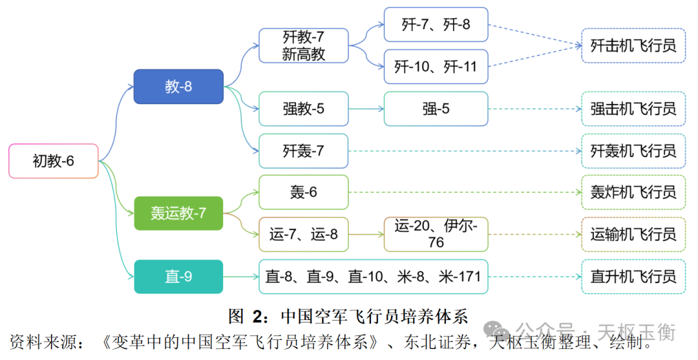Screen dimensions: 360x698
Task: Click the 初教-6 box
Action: (53, 161)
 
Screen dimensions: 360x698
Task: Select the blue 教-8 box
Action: (178, 87)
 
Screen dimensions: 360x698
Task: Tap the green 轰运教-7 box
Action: (178, 213)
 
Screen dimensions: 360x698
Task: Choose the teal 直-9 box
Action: (178, 277)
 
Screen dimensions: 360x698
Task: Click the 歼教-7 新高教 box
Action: (303, 45)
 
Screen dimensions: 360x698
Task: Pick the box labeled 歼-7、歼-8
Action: (436, 25)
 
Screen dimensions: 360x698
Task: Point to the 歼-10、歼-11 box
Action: (436, 66)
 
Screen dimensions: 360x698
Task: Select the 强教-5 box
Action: (303, 109)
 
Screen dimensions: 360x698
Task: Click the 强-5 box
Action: (436, 109)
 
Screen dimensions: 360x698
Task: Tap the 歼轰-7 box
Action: (303, 151)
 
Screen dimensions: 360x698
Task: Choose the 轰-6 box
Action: (303, 192)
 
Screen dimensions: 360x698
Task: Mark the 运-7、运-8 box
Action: (303, 234)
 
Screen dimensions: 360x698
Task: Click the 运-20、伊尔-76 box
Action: (436, 234)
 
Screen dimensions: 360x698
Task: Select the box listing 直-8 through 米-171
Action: (373, 277)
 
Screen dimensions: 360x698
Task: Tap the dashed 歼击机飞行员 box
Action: (633, 45)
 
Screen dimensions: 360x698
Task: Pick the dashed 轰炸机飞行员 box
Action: (633, 192)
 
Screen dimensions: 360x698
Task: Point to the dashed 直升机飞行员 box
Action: (633, 277)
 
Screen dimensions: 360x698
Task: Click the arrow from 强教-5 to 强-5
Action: (366, 109)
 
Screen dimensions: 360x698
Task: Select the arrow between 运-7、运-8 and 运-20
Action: (366, 234)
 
